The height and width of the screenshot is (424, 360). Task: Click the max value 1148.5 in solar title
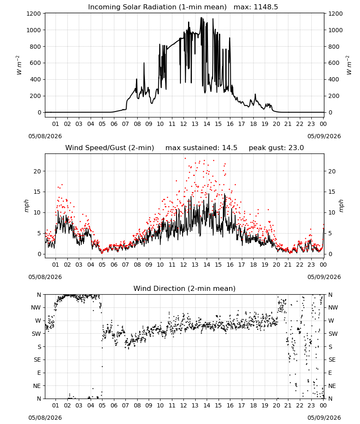[266, 7]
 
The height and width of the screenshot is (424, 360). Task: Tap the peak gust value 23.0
[296, 148]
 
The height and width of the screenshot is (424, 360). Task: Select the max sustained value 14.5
[230, 148]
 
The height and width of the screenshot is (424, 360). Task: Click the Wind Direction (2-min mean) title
[185, 288]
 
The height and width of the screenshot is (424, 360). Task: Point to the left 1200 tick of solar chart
[34, 14]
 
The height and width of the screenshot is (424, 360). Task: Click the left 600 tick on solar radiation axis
[36, 63]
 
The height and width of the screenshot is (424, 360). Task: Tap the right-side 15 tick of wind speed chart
[332, 192]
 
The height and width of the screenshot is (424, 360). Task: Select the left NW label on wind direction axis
[36, 307]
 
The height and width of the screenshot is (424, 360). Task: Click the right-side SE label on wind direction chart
[332, 360]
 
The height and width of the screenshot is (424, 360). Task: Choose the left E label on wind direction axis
[39, 373]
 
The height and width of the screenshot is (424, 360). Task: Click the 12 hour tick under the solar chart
[183, 124]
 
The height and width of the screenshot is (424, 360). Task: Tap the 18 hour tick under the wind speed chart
[253, 265]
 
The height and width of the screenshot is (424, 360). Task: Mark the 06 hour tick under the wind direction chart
[114, 405]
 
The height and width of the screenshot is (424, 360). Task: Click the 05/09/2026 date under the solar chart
[324, 136]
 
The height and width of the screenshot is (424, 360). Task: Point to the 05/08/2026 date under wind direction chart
[45, 418]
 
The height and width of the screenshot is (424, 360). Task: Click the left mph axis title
[26, 206]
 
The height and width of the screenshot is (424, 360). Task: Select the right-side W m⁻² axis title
[349, 65]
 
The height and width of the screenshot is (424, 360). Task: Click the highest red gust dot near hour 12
[185, 158]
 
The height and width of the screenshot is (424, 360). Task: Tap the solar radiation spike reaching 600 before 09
[144, 63]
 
